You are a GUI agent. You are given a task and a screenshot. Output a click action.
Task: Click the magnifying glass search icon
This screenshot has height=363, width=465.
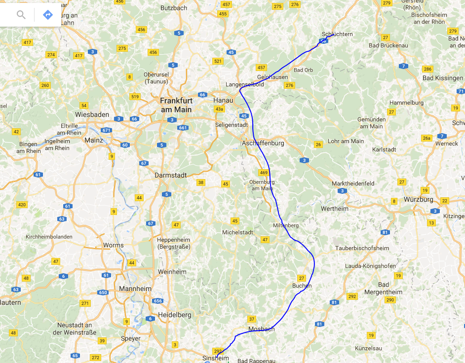click(x=21, y=14)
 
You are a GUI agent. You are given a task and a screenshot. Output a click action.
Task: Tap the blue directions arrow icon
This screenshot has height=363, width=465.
click(x=48, y=14)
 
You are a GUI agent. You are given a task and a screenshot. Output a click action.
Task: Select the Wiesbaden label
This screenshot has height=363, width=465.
click(x=92, y=114)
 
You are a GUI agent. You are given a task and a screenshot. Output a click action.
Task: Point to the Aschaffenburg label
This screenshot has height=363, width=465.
click(x=263, y=143)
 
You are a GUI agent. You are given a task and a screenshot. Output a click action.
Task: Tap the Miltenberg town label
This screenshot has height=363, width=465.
click(x=286, y=225)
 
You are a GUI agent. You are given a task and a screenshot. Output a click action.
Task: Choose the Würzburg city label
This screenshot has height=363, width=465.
click(x=418, y=200)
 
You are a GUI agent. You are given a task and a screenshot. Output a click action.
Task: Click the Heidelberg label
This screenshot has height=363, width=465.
click(x=174, y=315)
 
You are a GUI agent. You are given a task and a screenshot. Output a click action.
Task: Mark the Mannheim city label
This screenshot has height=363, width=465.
click(x=135, y=289)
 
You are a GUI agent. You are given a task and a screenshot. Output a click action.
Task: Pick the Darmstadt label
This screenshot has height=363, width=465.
click(x=170, y=175)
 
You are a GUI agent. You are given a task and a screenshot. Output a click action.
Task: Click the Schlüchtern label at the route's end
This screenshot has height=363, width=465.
click(x=337, y=34)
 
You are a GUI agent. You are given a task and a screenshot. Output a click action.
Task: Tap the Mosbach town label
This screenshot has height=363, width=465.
click(x=262, y=329)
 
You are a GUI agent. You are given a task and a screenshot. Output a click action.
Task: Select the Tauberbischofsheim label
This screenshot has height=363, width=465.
click(x=362, y=248)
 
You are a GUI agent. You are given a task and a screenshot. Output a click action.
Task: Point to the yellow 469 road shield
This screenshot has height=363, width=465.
click(x=263, y=173)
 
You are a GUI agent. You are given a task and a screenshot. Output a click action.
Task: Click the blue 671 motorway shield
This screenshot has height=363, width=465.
click(x=106, y=130)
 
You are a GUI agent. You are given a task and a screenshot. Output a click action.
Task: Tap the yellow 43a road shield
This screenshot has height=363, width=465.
click(x=219, y=109)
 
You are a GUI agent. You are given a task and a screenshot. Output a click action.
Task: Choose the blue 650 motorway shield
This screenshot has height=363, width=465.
click(x=103, y=292)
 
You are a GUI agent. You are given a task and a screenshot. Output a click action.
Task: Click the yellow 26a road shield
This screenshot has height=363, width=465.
click(x=427, y=138)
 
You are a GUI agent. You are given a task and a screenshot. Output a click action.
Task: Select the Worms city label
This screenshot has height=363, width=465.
click(x=114, y=245)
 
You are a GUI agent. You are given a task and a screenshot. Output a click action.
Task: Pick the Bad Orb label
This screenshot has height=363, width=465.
click(x=303, y=70)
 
